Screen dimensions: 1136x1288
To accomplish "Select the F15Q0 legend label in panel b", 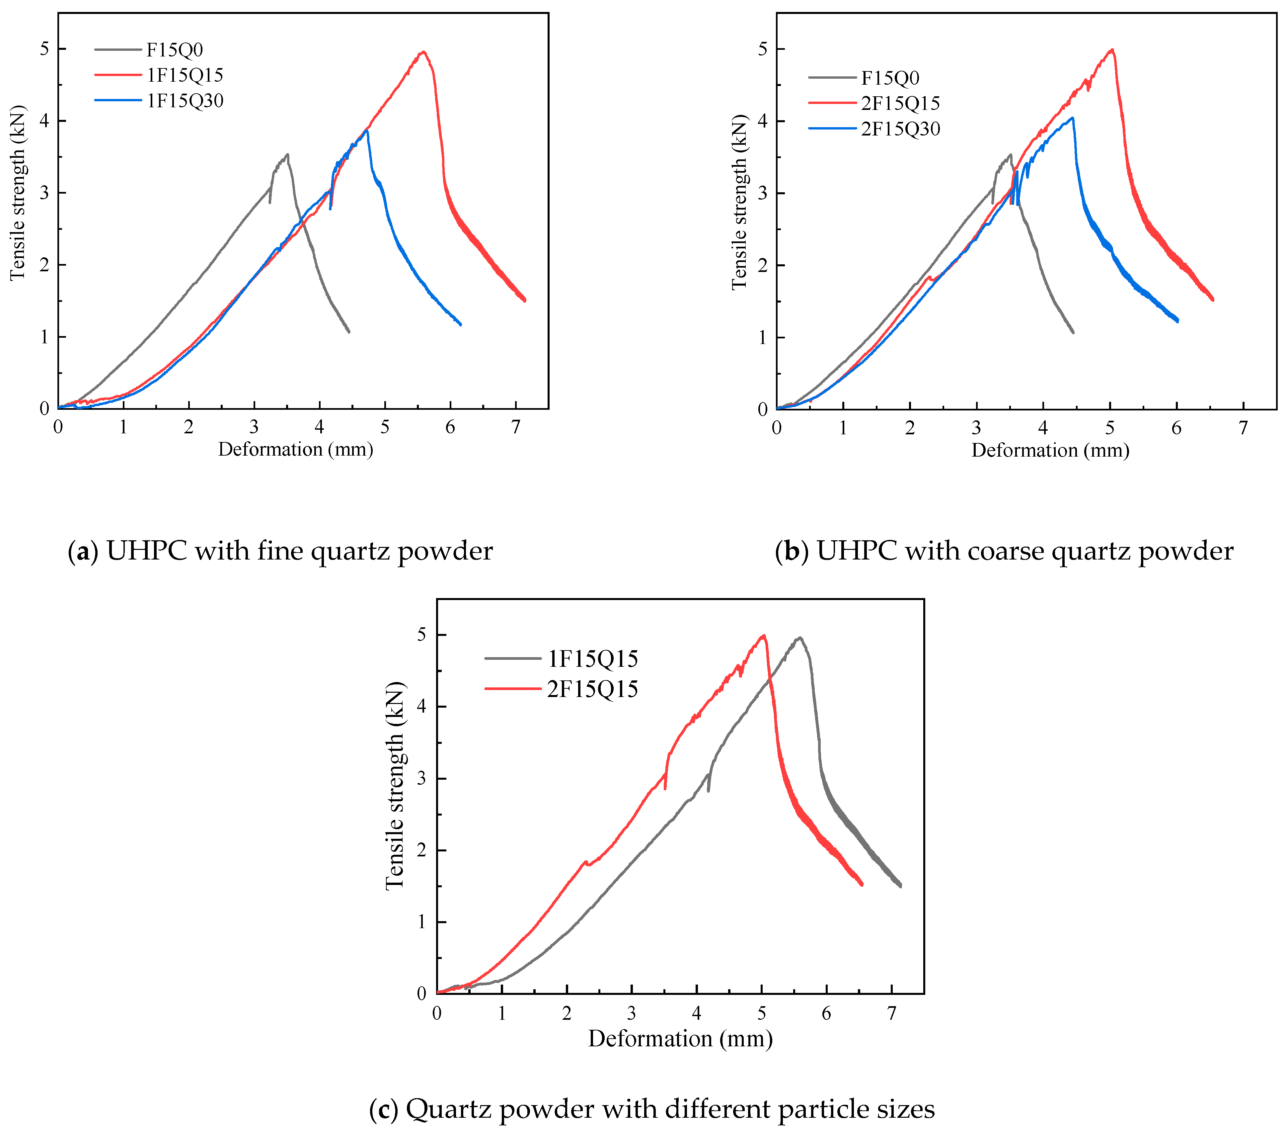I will [890, 78].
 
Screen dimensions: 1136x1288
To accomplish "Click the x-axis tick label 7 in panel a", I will [515, 427].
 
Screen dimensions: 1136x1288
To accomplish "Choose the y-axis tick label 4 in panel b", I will [762, 121].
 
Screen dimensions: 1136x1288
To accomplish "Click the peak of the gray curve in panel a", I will [287, 154].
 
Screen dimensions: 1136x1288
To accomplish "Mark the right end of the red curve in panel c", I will [862, 885].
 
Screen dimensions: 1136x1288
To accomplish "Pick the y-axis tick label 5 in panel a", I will [44, 49].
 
